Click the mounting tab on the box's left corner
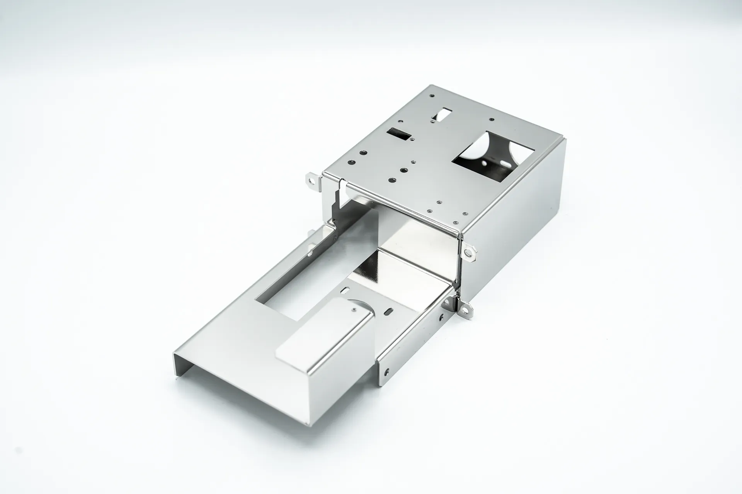pyautogui.click(x=312, y=180)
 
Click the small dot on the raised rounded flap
pyautogui.click(x=355, y=309)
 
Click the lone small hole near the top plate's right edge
pyautogui.click(x=491, y=120)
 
